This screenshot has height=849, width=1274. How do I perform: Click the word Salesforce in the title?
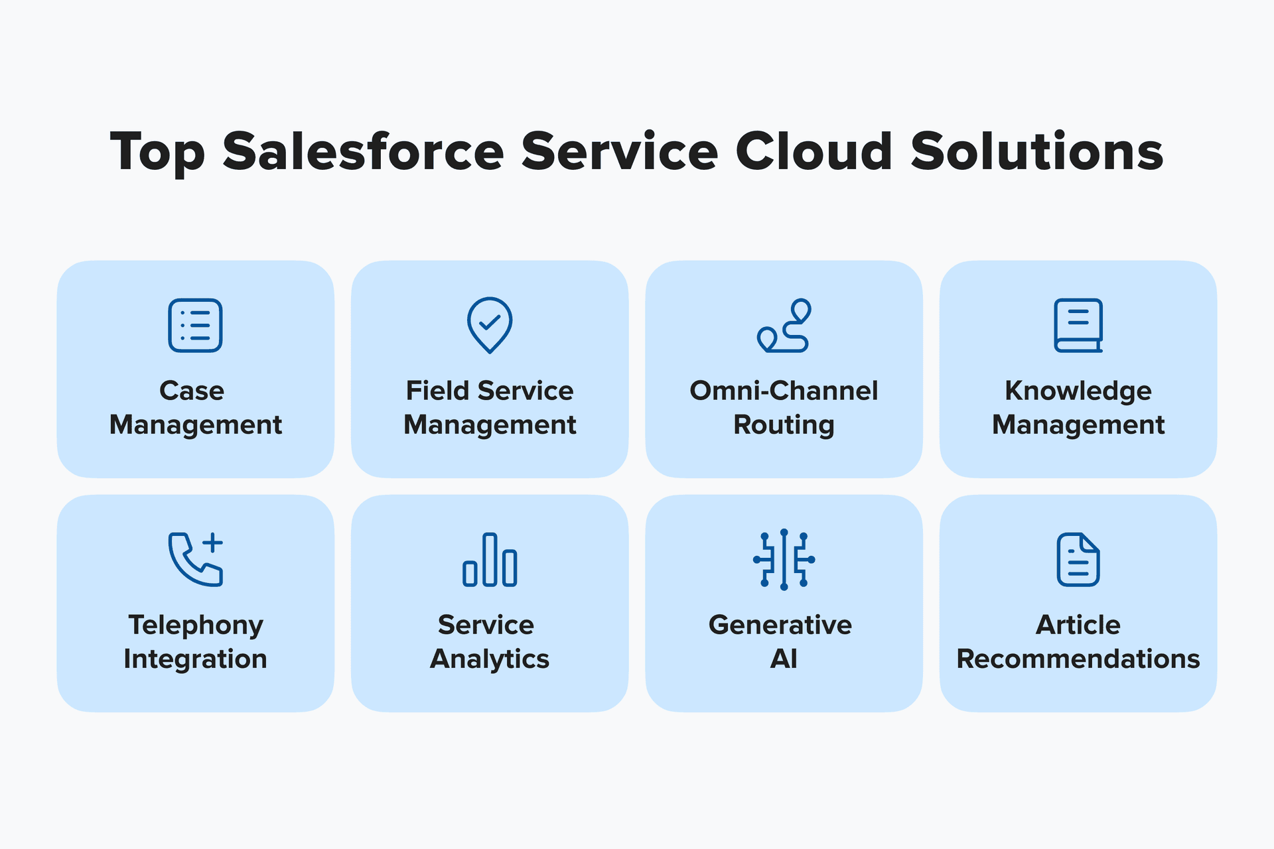363,151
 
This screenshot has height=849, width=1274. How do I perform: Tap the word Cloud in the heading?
814,151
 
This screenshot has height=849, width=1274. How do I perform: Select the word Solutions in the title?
1036,151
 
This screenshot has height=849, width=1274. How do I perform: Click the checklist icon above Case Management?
195,325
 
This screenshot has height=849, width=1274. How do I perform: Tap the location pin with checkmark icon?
490,325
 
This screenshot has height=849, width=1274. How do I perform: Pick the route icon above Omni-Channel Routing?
784,325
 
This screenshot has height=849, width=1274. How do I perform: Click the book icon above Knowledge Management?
1078,325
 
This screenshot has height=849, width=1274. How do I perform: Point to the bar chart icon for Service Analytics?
490,560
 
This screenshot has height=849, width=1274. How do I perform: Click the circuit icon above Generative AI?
784,559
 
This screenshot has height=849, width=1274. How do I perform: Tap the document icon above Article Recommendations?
1078,559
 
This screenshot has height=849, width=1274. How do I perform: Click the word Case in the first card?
192,391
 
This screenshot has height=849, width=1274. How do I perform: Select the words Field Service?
490,391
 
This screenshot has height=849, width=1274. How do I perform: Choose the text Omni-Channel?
784,391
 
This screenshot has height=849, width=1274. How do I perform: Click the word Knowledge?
1078,391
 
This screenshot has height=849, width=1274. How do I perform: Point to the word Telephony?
196,625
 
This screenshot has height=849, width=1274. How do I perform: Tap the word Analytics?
490,659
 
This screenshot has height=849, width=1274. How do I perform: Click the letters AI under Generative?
784,659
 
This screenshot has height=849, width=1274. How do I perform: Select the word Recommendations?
1078,659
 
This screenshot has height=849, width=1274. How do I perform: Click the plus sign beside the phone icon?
213,542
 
